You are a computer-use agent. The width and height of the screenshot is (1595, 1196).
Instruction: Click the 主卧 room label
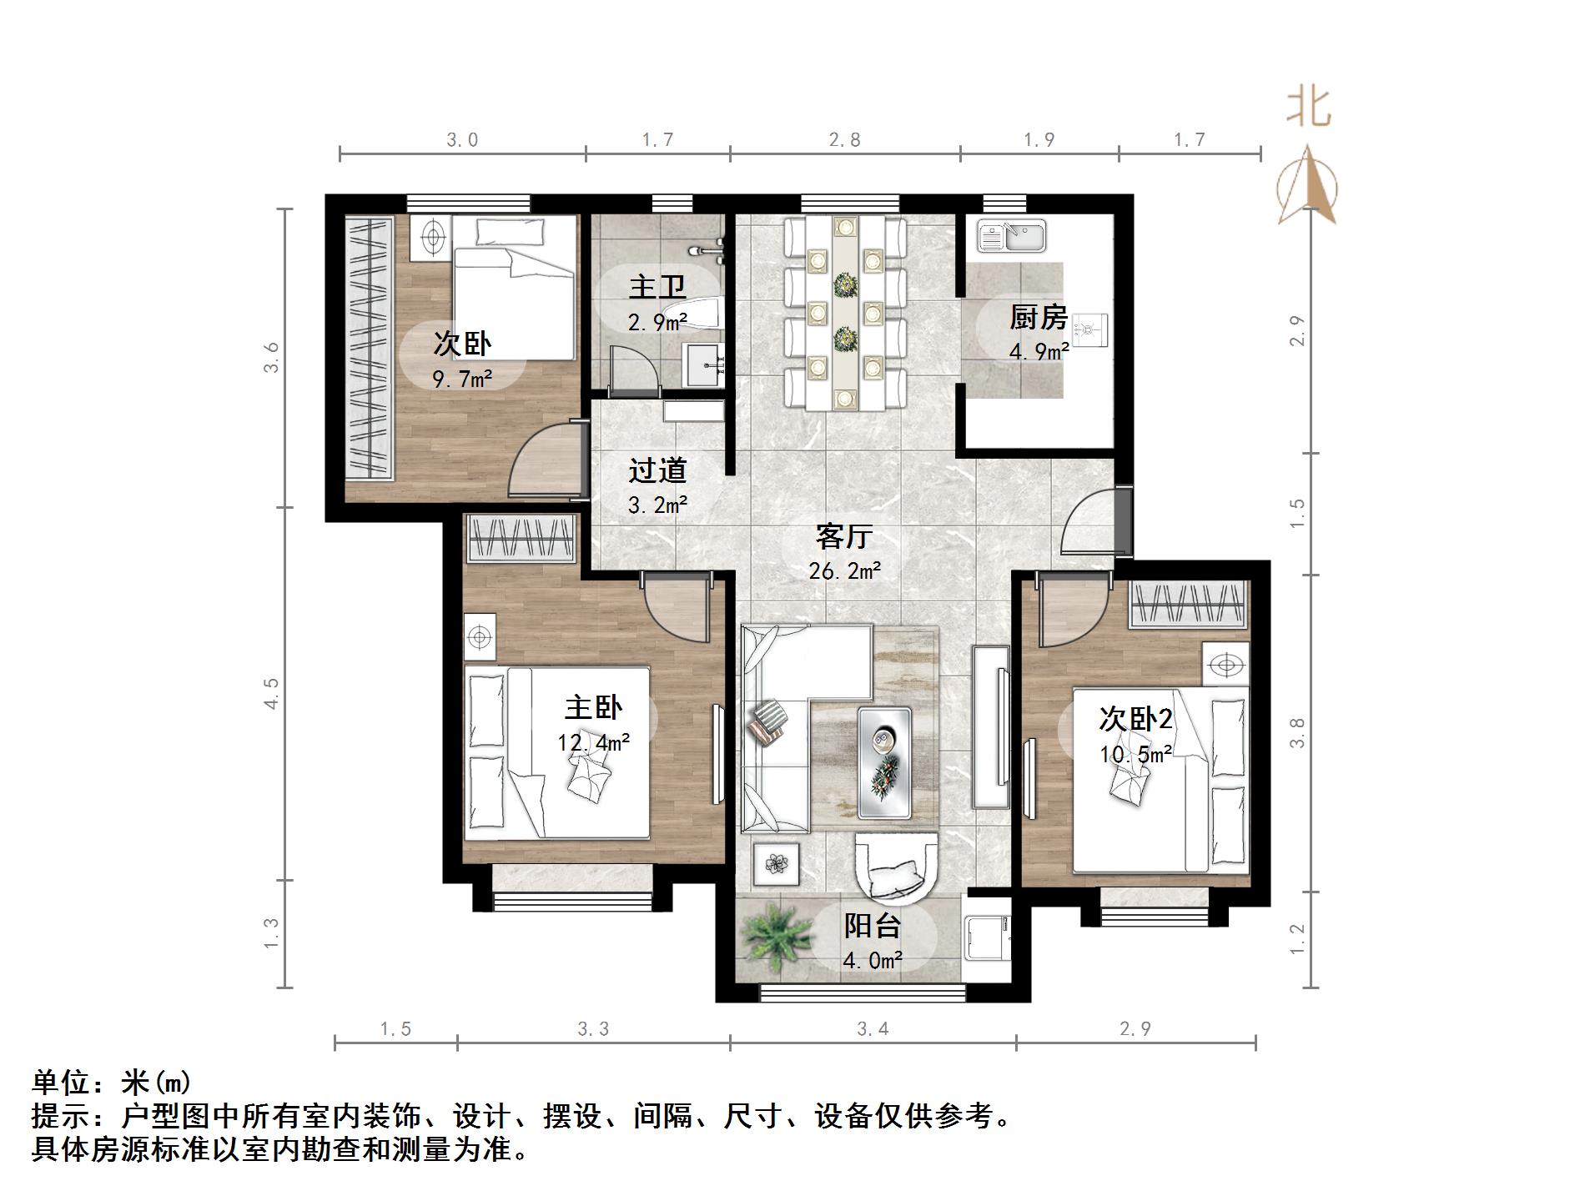pyautogui.click(x=593, y=708)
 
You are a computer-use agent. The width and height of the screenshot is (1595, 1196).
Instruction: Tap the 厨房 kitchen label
pyautogui.click(x=1038, y=317)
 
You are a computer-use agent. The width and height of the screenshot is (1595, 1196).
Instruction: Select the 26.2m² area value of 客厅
pyautogui.click(x=844, y=571)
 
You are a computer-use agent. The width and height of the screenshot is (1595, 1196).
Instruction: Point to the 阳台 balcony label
pyautogui.click(x=873, y=926)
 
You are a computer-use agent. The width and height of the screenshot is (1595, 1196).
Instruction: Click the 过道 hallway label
pyautogui.click(x=657, y=470)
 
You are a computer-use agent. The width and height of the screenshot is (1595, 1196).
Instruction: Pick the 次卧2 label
pyautogui.click(x=1135, y=719)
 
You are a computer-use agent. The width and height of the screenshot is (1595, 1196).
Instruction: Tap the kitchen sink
pyautogui.click(x=1012, y=236)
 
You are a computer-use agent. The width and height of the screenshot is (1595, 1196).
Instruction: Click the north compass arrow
pyautogui.click(x=1307, y=185)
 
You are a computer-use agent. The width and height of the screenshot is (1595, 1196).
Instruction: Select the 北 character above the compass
pyautogui.click(x=1308, y=108)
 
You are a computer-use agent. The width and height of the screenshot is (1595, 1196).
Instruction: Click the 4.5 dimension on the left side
pyautogui.click(x=271, y=693)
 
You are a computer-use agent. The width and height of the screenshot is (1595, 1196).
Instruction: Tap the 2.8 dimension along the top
pyautogui.click(x=844, y=140)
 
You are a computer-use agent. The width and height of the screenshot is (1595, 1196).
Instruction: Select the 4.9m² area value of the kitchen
pyautogui.click(x=1039, y=352)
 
